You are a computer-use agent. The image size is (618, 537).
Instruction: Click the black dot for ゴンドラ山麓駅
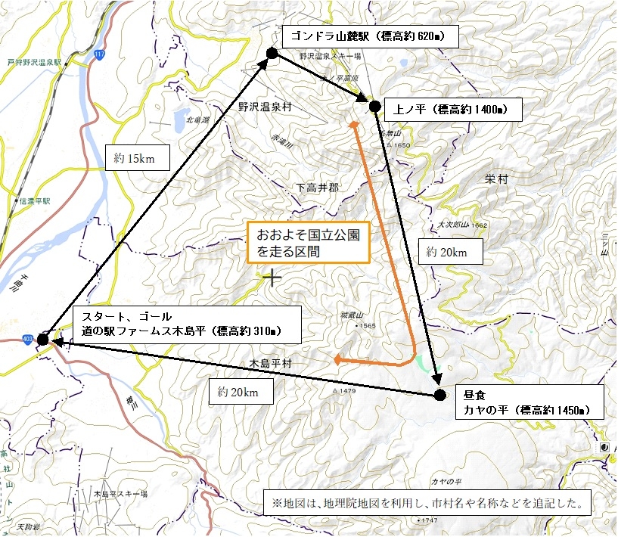(x=272, y=52)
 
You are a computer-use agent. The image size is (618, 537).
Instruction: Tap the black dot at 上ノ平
(x=374, y=106)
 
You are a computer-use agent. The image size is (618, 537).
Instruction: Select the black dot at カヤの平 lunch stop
(x=440, y=394)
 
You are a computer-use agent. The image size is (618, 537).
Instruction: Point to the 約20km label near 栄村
(x=450, y=252)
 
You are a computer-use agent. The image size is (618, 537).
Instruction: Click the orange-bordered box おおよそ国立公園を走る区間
(x=308, y=241)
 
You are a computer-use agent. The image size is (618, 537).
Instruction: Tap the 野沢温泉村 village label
(x=265, y=107)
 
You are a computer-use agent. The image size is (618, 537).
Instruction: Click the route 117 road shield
(x=99, y=54)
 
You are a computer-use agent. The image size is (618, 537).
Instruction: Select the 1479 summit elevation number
(x=348, y=391)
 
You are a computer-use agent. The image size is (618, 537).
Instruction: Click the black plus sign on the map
(x=271, y=278)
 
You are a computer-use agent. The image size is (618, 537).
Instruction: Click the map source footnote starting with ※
(x=427, y=502)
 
